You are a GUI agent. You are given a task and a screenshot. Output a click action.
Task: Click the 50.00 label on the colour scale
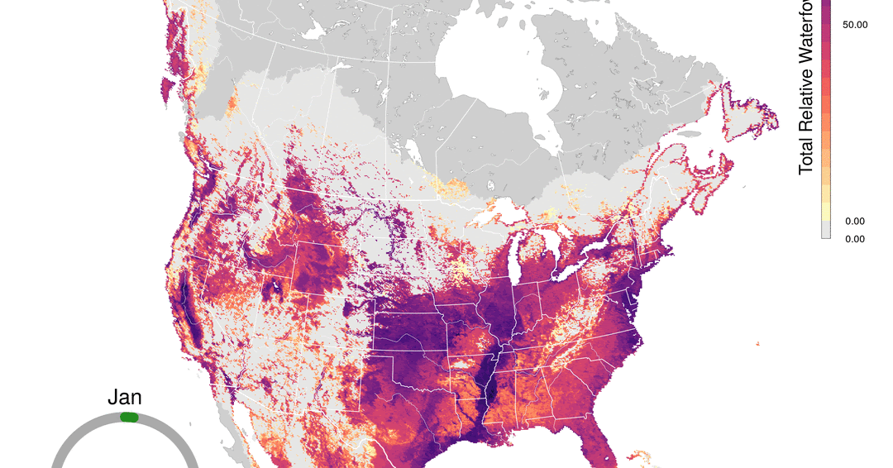tap(854, 25)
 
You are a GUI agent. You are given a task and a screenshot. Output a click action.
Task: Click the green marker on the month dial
tap(129, 418)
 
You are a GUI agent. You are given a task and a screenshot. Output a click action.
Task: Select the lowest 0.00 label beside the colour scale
tap(854, 239)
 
